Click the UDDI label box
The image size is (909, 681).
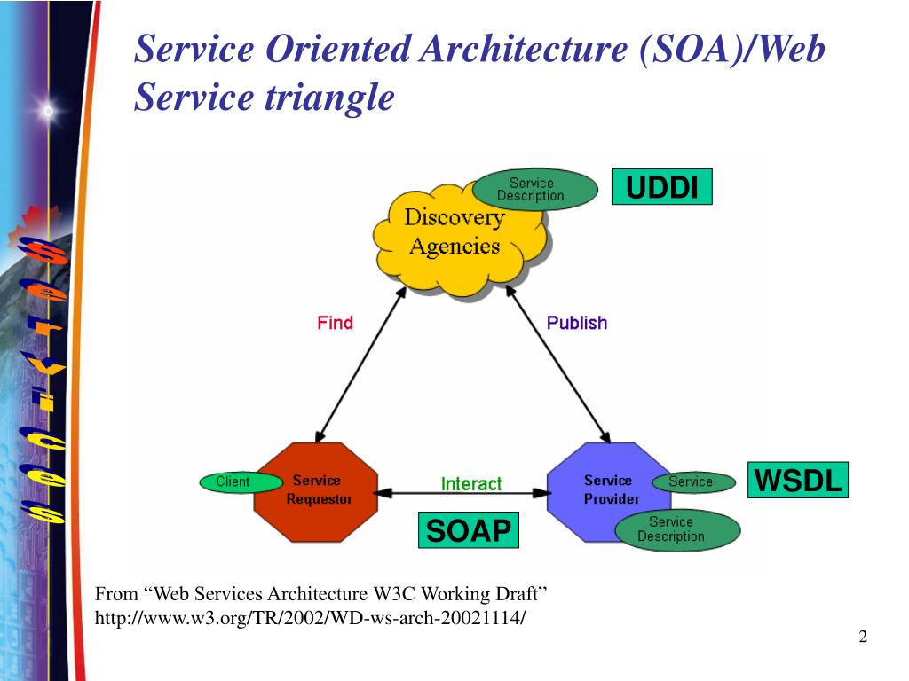point(662,188)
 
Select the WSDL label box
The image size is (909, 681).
point(797,481)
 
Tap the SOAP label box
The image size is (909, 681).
point(468,530)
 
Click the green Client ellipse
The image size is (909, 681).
point(233,481)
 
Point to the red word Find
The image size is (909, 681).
point(335,323)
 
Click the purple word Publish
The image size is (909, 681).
point(577,323)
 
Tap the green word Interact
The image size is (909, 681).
point(471,483)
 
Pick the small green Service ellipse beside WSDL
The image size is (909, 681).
point(693,481)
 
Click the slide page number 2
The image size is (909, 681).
point(862,638)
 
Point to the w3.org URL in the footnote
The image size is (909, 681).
point(310,617)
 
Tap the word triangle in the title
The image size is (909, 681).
point(329,97)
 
